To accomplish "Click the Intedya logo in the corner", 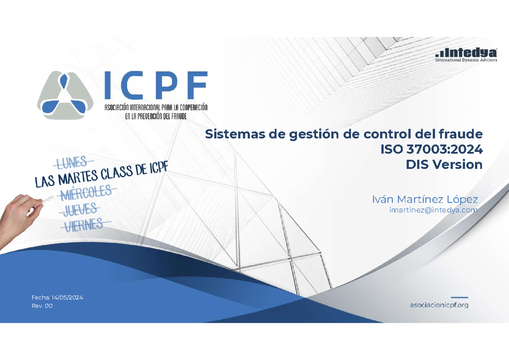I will click(467, 53).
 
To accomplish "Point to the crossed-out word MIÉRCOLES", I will click(86, 193).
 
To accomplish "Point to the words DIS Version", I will click(444, 165).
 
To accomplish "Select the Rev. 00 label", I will click(42, 306).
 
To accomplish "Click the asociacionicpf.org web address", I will click(439, 305).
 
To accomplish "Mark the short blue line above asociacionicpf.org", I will click(459, 297).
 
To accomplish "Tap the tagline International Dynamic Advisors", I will click(467, 60).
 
